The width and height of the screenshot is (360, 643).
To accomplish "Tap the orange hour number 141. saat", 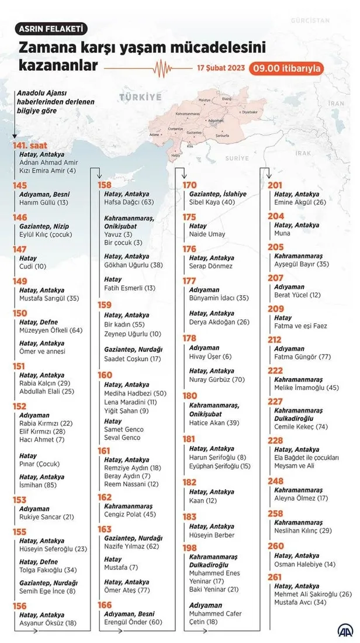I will click(29, 146).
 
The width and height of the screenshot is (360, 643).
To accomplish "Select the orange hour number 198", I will click(189, 547).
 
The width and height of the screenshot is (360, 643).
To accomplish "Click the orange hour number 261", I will click(275, 578).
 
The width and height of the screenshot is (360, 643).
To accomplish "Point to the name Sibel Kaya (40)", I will click(212, 202).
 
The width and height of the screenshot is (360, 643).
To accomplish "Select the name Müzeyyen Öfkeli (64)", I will click(51, 330).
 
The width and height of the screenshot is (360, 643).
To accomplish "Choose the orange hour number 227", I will click(275, 401).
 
